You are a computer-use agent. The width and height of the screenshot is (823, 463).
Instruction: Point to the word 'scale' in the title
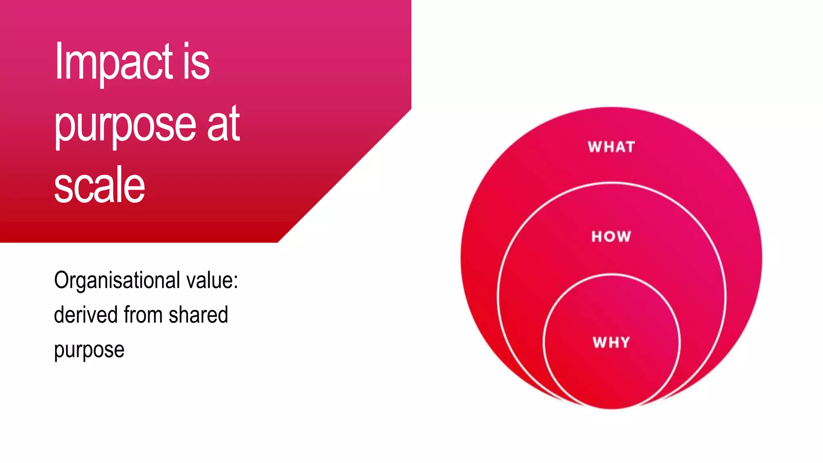[x=99, y=185]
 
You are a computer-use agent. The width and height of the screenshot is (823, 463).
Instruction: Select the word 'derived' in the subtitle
[x=86, y=315]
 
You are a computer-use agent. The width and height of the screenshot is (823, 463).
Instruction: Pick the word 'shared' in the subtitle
[x=198, y=315]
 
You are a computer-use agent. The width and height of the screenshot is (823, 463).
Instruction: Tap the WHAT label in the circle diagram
[x=611, y=147]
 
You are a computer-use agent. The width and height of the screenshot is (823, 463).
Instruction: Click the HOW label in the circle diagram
[x=611, y=236]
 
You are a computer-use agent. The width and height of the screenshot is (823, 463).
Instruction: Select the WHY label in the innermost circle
[x=611, y=342]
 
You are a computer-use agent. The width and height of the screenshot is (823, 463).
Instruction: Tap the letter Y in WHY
[x=624, y=342]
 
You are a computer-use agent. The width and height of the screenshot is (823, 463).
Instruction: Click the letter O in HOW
[x=611, y=236]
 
